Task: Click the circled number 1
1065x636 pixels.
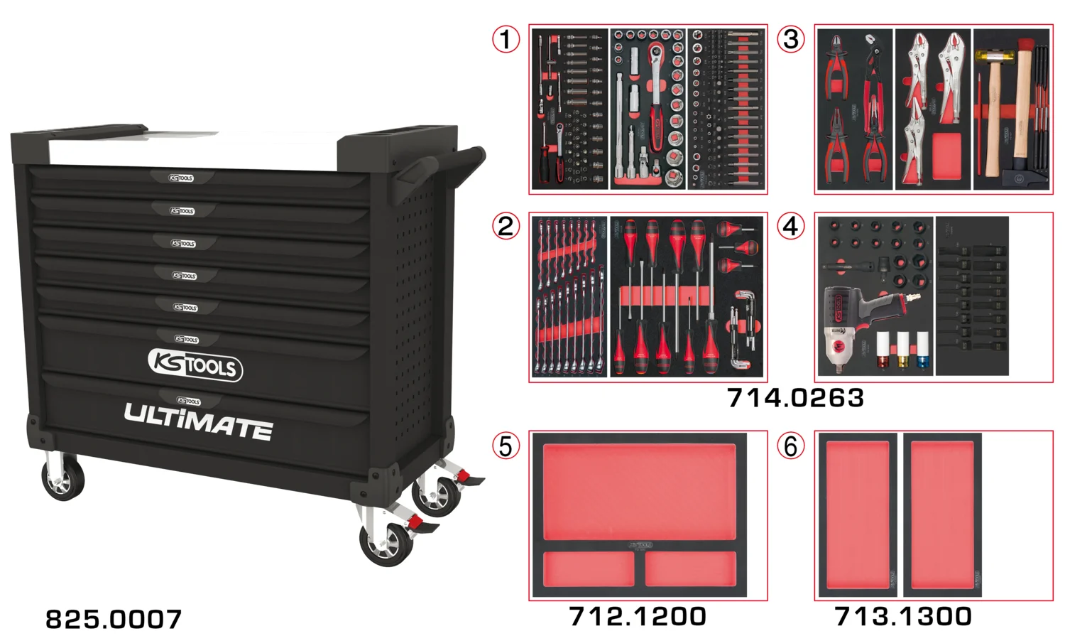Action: (x=506, y=38)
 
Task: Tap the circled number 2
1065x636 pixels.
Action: (x=506, y=226)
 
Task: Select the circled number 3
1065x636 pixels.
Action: (x=791, y=38)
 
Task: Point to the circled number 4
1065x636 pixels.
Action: (x=791, y=226)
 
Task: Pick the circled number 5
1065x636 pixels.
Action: (x=506, y=446)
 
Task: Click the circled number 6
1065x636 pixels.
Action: (x=791, y=446)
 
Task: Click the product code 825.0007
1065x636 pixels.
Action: (x=114, y=618)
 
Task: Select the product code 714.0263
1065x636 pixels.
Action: (x=795, y=397)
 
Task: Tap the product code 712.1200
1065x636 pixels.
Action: (x=638, y=615)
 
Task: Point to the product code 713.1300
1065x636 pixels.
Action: (x=903, y=615)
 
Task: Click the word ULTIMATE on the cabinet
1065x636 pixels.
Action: (x=198, y=421)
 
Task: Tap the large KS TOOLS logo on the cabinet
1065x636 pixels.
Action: (x=195, y=365)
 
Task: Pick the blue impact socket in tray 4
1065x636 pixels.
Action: (x=923, y=352)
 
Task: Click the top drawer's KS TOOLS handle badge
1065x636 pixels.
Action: (x=181, y=178)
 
